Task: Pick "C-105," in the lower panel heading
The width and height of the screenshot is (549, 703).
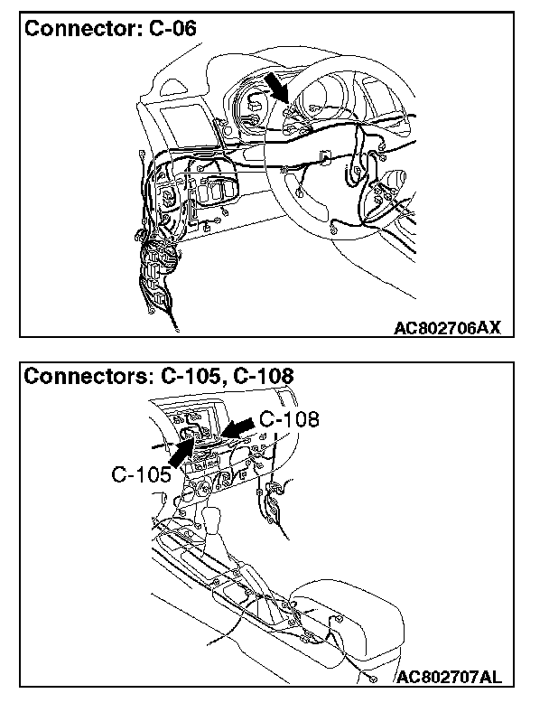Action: click(193, 376)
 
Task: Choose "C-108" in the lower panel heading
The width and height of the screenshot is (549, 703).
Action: click(263, 376)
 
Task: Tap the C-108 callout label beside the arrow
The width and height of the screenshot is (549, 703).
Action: click(289, 420)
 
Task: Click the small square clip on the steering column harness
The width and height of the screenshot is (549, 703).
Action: click(324, 160)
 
